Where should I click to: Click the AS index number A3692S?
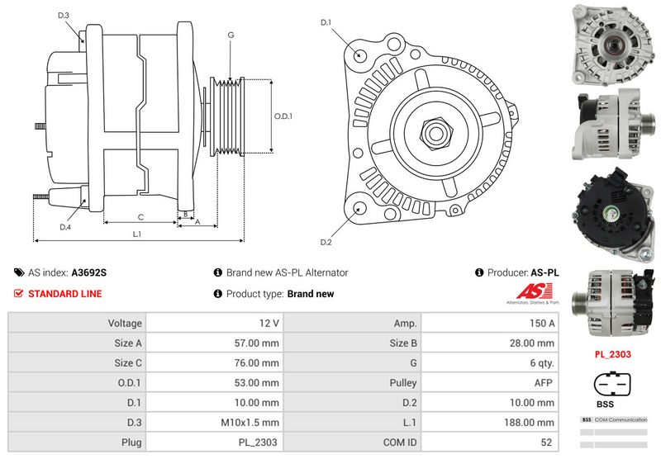(89, 272)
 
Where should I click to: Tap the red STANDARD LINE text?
(65, 294)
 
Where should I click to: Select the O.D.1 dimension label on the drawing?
(283, 116)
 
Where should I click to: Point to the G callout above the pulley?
(231, 35)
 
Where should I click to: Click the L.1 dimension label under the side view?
(137, 234)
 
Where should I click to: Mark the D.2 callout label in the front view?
(326, 242)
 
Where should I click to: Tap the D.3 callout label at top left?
(64, 16)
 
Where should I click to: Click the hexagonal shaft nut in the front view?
(435, 133)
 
